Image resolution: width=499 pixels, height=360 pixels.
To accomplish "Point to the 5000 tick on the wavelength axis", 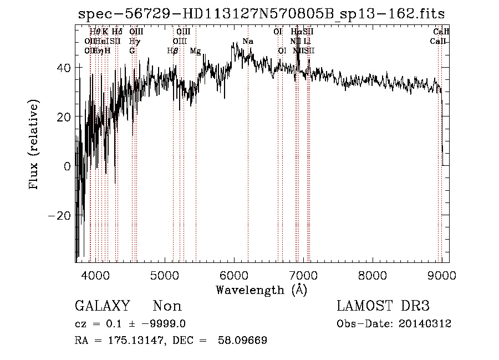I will click(165, 275).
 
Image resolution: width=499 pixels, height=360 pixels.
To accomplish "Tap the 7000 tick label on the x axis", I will click(303, 275).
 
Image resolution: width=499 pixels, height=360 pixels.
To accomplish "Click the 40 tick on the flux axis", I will click(64, 67).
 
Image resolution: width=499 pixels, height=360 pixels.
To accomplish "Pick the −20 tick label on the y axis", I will click(60, 216).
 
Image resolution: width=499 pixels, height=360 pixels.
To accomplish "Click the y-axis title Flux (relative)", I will click(34, 144).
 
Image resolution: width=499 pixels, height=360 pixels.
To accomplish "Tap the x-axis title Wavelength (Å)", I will click(261, 290).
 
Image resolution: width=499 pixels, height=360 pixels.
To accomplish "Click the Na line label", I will click(248, 42).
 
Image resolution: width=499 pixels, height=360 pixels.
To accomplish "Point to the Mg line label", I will click(195, 51).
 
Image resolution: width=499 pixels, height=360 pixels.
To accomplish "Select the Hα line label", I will click(296, 32).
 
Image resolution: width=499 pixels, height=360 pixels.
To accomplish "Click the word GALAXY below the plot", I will click(102, 306).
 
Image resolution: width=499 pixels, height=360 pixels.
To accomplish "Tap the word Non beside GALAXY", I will click(167, 306).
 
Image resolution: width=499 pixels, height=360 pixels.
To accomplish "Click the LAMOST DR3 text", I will click(383, 306).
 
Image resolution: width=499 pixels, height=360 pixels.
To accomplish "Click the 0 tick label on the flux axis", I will click(67, 166).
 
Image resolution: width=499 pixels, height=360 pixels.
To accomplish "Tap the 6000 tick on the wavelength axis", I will click(234, 275).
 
